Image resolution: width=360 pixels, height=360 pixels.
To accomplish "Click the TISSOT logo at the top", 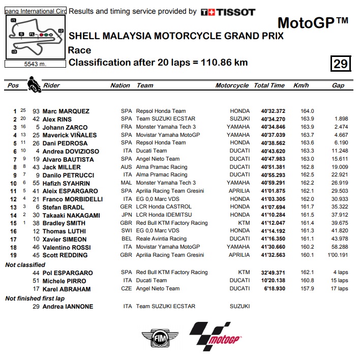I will click(x=228, y=12).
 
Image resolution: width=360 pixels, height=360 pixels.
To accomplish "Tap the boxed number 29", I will click(x=340, y=64).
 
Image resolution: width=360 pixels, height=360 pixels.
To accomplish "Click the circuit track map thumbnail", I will click(x=36, y=37).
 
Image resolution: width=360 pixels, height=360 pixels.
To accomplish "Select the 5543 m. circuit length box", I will click(x=35, y=64).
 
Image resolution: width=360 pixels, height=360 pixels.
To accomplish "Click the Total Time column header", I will click(x=269, y=85).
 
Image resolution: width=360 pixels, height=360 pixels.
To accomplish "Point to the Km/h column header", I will click(x=301, y=85).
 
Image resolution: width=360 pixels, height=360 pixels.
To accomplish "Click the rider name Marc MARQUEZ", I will click(x=67, y=111).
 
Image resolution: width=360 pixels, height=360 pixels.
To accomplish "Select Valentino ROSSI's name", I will click(x=70, y=247).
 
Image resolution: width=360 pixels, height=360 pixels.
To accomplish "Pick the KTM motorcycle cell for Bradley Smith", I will click(x=244, y=223).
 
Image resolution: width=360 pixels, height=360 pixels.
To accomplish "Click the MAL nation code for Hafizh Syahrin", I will click(x=126, y=183).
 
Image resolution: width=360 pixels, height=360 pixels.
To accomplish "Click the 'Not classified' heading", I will click(x=25, y=265).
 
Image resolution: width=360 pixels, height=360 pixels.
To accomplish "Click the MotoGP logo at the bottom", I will click(x=216, y=336).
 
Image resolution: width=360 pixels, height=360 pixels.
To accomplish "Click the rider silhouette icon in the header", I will click(x=34, y=84).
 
